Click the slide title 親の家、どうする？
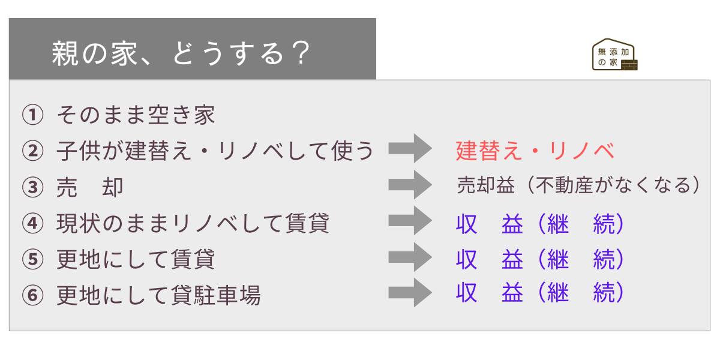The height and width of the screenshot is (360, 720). coord(181,53)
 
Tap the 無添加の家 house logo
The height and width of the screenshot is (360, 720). coord(614,55)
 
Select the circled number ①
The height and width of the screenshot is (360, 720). coord(33,115)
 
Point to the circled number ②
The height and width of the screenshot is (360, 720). coord(33,151)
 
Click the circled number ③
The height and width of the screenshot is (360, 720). coord(33,187)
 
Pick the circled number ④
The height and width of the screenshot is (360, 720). coord(33,223)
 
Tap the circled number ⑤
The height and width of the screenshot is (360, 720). coord(33,259)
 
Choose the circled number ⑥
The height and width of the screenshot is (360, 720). coord(33,295)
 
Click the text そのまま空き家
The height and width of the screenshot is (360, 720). coord(136,115)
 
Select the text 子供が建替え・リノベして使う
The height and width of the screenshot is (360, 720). coord(215,151)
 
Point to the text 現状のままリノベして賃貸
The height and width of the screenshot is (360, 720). coord(193,223)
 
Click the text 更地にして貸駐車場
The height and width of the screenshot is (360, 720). coord(158,295)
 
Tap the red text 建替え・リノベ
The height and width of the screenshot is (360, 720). coord(535,151)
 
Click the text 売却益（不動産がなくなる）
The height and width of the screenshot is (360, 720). coord(578,185)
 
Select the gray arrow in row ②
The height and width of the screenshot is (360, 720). coord(410,148)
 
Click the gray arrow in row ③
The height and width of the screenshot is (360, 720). coord(410,185)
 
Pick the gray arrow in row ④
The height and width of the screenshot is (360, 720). coord(410,221)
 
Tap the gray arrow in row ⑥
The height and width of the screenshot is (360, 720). coord(410,293)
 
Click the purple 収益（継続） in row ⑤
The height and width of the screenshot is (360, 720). coord(540,259)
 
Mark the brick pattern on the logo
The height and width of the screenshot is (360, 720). coord(629,65)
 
